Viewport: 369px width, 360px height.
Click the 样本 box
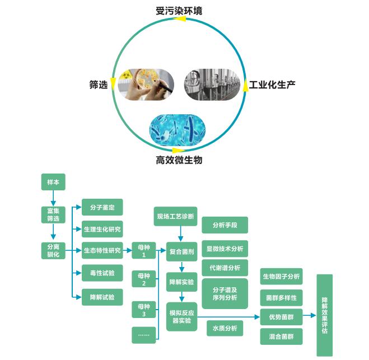tap(53, 183)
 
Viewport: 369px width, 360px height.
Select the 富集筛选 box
tap(53, 215)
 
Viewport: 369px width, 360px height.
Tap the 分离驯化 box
tap(53, 250)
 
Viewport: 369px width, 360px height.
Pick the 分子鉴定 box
tap(102, 208)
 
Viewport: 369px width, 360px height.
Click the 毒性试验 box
tap(102, 273)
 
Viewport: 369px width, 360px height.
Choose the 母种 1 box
tap(144, 250)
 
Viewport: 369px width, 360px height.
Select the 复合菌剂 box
tap(181, 251)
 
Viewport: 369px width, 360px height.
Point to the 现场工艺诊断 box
tap(175, 216)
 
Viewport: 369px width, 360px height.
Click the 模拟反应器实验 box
tap(181, 316)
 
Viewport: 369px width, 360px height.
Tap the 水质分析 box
tap(225, 328)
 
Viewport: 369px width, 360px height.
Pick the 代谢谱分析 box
tap(225, 268)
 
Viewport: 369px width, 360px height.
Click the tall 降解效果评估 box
tap(324, 315)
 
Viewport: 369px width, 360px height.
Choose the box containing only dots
tap(144, 335)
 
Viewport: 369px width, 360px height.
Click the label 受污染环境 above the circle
tap(179, 11)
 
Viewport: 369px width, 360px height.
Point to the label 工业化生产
tap(272, 85)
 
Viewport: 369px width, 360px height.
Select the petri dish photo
tap(143, 85)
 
